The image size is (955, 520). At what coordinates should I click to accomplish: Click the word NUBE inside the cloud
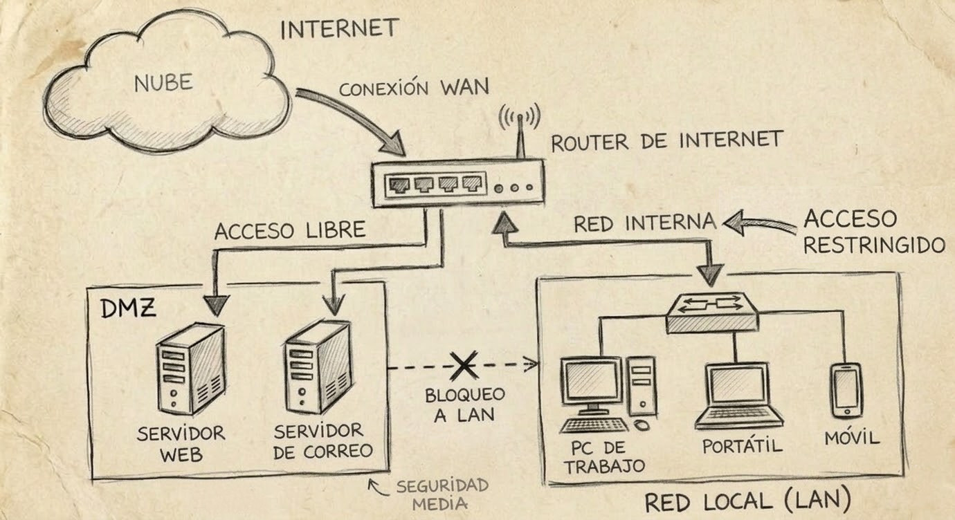tap(163, 84)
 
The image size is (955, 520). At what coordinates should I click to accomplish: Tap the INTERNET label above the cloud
tap(339, 29)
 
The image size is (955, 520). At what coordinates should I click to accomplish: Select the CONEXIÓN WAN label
tap(414, 89)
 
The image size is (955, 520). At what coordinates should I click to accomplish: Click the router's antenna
tap(520, 135)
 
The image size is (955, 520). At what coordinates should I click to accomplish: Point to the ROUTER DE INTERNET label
tap(666, 140)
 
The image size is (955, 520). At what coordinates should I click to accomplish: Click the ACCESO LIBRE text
tap(289, 230)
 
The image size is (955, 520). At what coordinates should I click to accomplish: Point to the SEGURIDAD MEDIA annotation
tap(442, 494)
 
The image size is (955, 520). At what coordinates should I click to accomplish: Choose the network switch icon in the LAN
tap(712, 313)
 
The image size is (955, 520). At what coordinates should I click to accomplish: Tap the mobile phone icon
tap(846, 390)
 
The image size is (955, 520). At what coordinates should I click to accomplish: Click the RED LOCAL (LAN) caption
tap(747, 501)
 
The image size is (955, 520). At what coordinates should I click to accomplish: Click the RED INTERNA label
tap(644, 223)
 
